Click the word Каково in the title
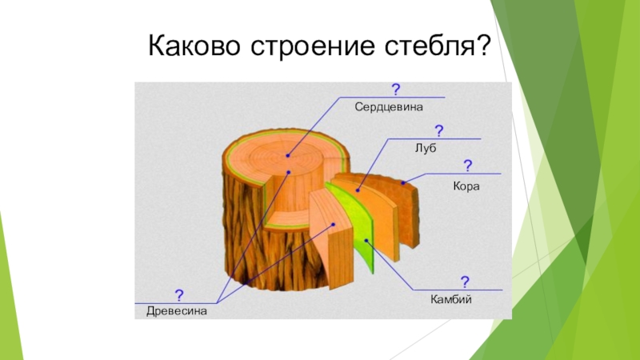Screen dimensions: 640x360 (190, 49)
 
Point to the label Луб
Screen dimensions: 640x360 (425, 147)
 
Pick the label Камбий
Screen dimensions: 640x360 (452, 299)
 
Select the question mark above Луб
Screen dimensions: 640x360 (439, 130)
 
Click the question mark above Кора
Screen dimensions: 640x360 (467, 166)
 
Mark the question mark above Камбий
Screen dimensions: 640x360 (464, 282)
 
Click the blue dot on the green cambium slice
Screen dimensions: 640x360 (366, 239)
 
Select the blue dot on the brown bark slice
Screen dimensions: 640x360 (405, 183)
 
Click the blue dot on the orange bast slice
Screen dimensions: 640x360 (358, 190)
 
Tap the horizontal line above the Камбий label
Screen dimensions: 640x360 (456, 290)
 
